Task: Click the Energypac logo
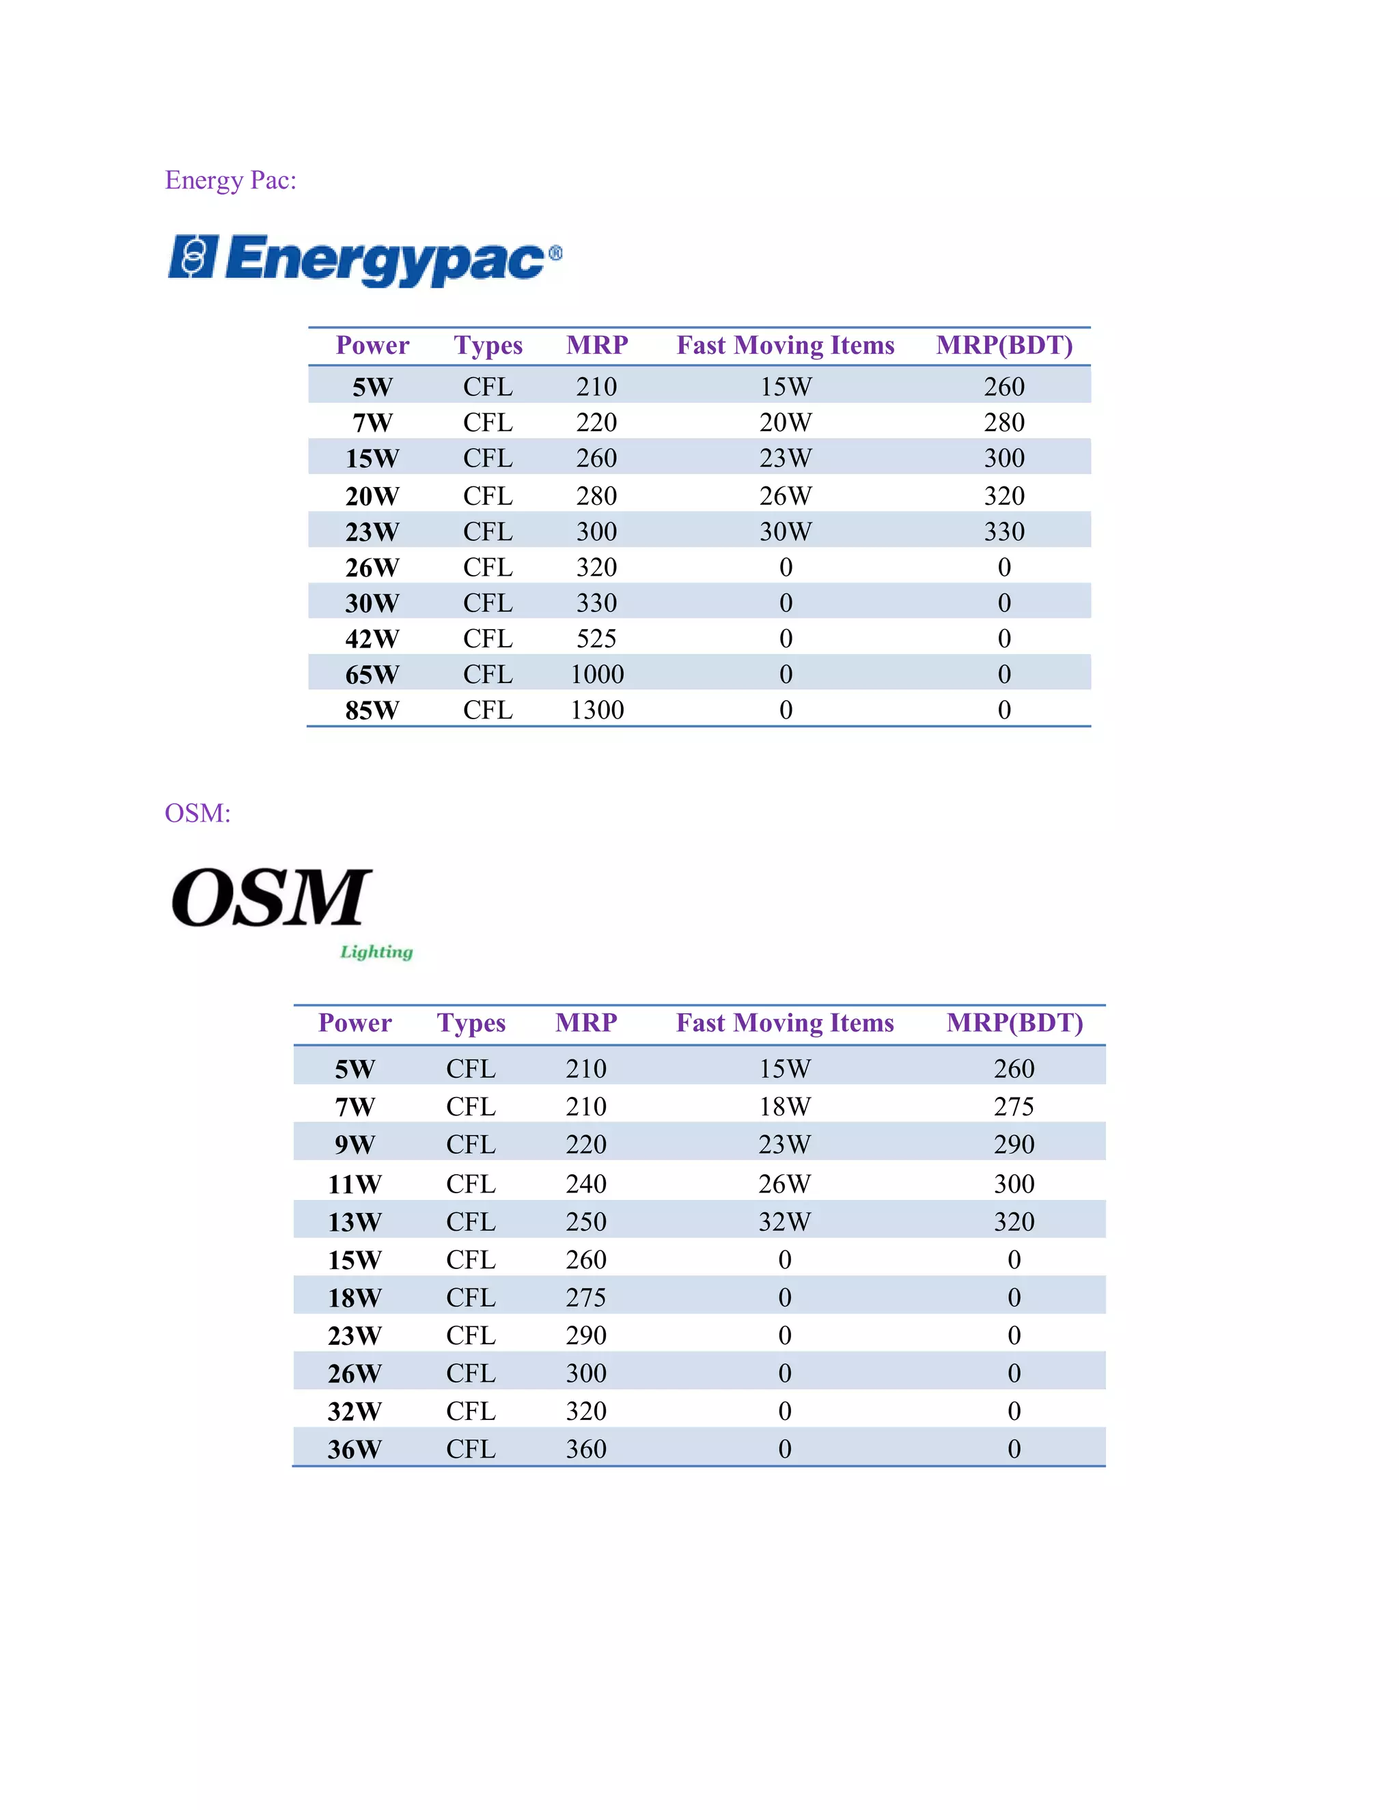pyautogui.click(x=365, y=260)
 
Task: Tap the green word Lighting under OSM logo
pyautogui.click(x=376, y=951)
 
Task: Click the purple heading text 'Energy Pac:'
pyautogui.click(x=230, y=180)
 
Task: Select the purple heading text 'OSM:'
pyautogui.click(x=197, y=813)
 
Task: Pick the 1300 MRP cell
pyautogui.click(x=597, y=710)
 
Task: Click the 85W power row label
pyautogui.click(x=372, y=710)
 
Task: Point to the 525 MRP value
pyautogui.click(x=597, y=639)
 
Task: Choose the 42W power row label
pyautogui.click(x=372, y=639)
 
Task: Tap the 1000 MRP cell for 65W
pyautogui.click(x=597, y=675)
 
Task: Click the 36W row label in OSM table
pyautogui.click(x=355, y=1449)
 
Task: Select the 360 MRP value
pyautogui.click(x=586, y=1449)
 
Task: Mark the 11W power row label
pyautogui.click(x=355, y=1184)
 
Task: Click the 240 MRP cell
pyautogui.click(x=586, y=1184)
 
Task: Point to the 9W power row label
pyautogui.click(x=355, y=1145)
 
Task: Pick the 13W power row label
pyautogui.click(x=355, y=1223)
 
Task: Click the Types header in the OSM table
pyautogui.click(x=471, y=1024)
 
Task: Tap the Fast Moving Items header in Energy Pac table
pyautogui.click(x=785, y=346)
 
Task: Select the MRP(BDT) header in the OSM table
pyautogui.click(x=1014, y=1024)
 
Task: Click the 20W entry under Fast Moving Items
pyautogui.click(x=785, y=423)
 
